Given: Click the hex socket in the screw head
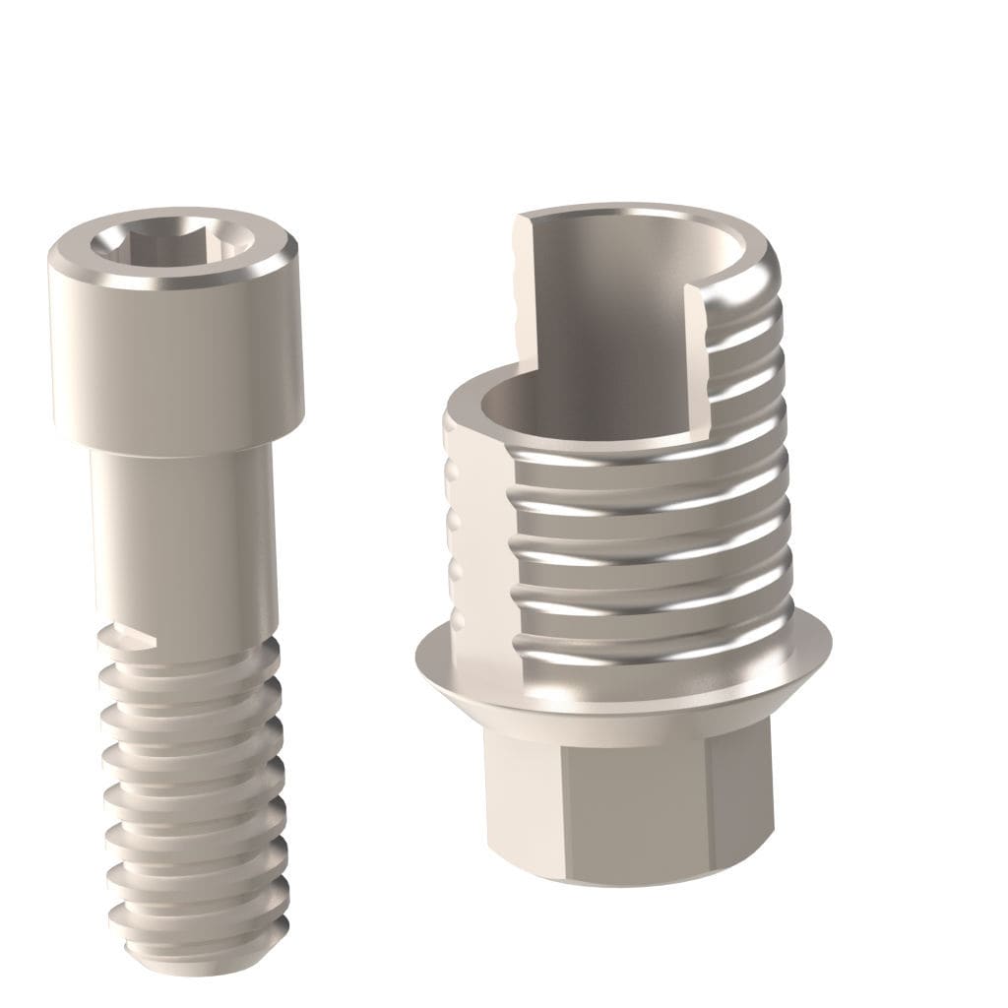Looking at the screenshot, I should point(172,243).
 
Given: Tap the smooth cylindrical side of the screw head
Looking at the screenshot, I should point(175,364).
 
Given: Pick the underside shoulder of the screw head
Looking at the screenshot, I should point(177,448).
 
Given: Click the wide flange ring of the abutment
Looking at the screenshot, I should point(620,679).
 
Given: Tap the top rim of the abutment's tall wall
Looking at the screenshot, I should point(640,212).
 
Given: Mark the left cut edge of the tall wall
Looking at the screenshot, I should point(522,295).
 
